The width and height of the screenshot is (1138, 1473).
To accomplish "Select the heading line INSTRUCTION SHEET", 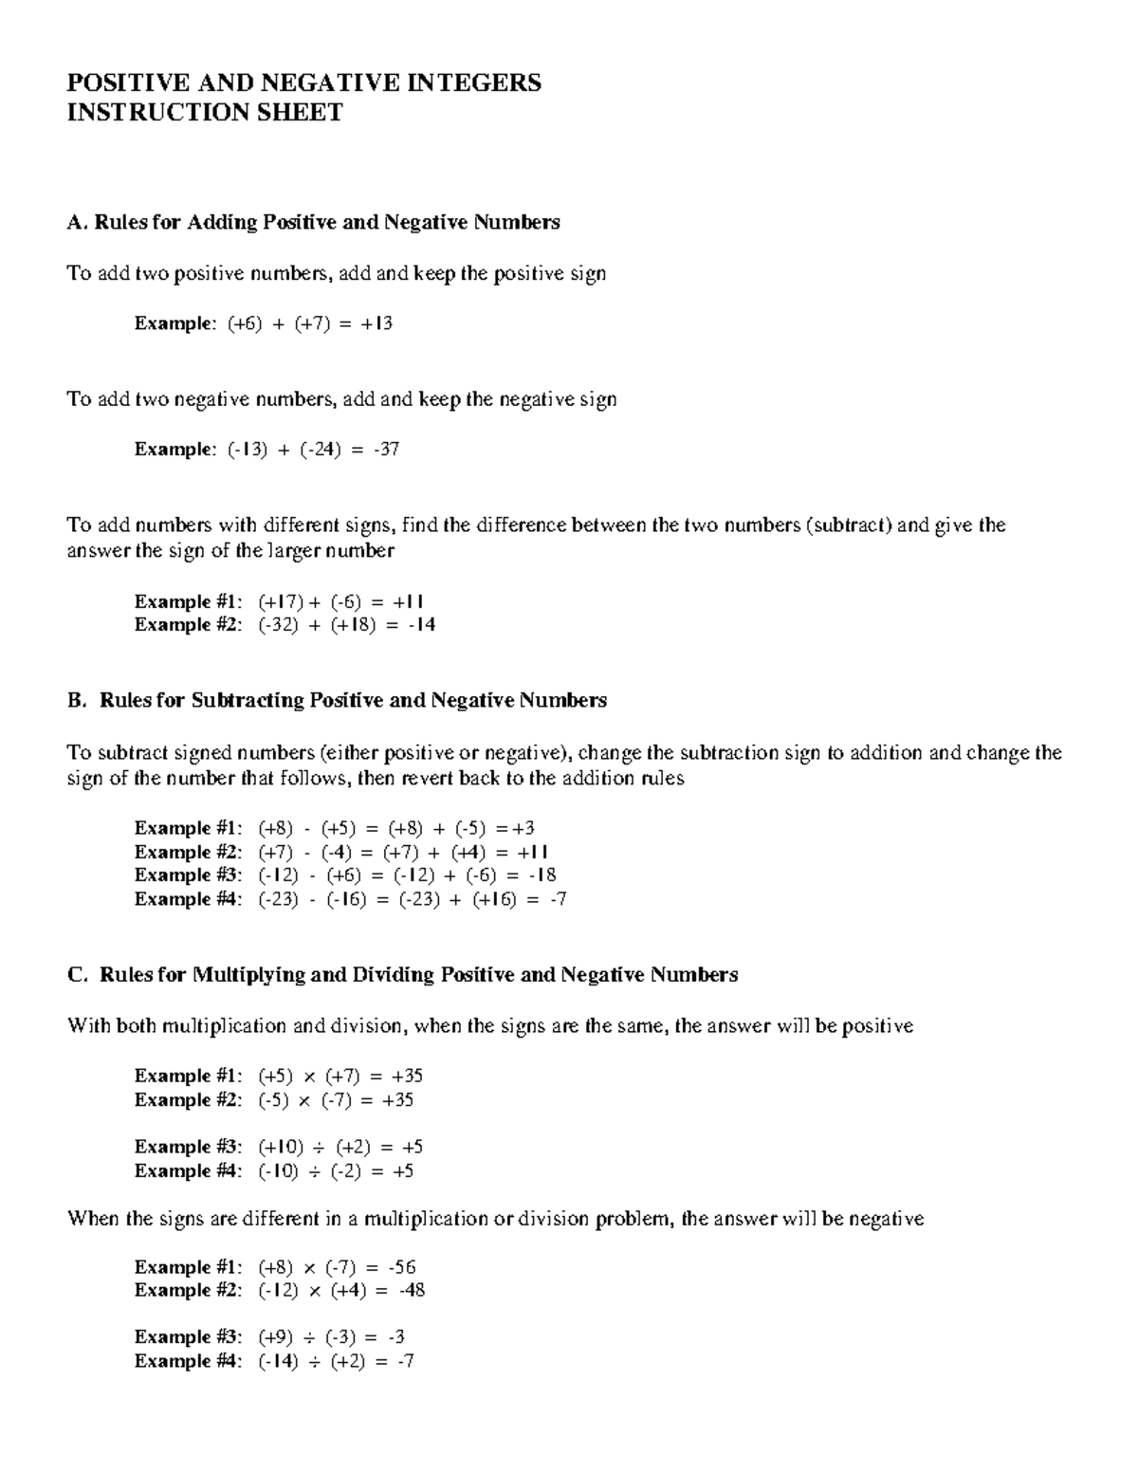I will point(204,113).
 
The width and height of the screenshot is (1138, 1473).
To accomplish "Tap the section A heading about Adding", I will point(313,222).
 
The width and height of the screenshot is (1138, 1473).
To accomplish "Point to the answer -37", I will point(386,449).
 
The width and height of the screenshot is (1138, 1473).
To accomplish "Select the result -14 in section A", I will point(421,625).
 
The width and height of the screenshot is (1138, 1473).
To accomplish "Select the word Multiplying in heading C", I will point(249,975).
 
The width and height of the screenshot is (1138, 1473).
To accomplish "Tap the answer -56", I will point(402,1267).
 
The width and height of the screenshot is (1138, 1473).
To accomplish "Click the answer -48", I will point(411,1291).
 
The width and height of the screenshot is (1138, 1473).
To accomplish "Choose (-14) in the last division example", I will point(277,1361).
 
